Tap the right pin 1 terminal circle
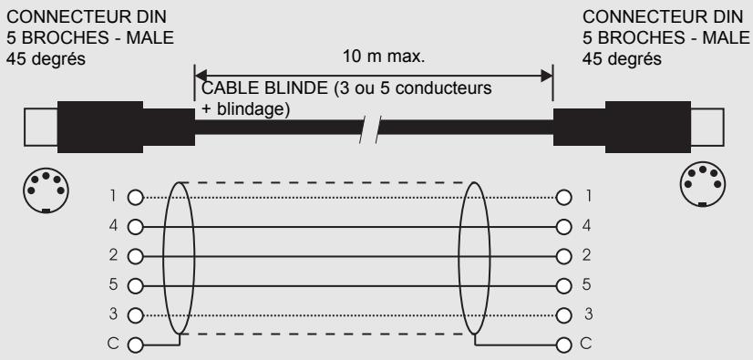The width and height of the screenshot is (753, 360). point(565,197)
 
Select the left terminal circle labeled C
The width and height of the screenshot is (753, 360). point(137,345)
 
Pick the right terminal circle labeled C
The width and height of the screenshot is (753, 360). point(565,345)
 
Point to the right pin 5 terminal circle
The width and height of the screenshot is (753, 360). point(565,286)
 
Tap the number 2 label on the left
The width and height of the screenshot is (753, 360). point(113,256)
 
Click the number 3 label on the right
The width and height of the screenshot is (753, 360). point(590,316)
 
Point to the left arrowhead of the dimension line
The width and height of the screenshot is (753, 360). point(202,74)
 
